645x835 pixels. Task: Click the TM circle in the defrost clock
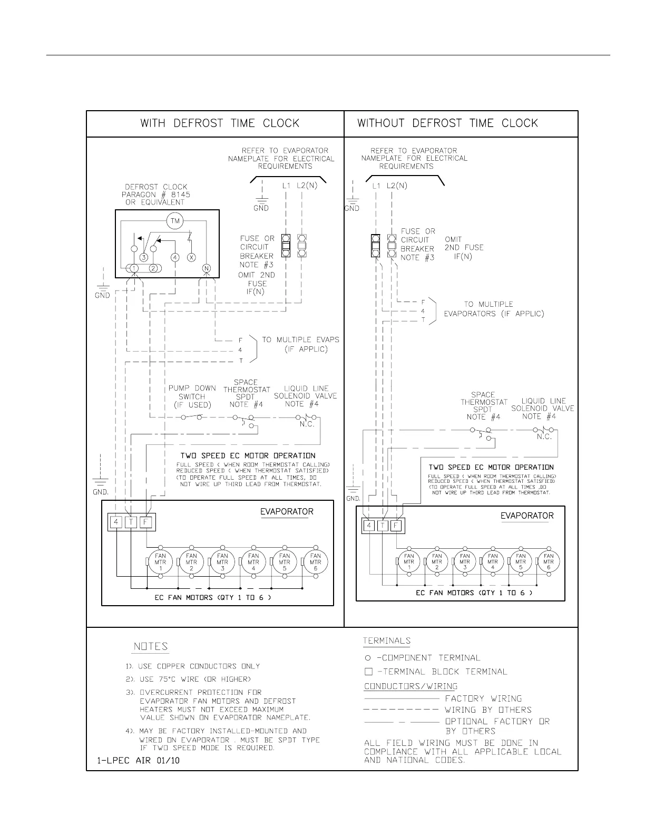(174, 221)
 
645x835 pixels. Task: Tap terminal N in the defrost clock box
(207, 268)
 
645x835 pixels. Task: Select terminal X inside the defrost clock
(191, 257)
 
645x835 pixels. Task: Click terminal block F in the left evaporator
(146, 522)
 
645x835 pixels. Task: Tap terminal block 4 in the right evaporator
(369, 526)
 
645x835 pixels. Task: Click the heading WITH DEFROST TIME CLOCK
(219, 123)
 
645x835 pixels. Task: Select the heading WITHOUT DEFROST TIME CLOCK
(447, 123)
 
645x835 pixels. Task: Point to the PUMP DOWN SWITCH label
(192, 396)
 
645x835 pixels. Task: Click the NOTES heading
(150, 646)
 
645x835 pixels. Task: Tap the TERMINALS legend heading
(386, 641)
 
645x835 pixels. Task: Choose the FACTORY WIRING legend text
(483, 698)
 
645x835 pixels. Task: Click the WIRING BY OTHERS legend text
(488, 710)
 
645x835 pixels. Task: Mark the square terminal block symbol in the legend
(368, 672)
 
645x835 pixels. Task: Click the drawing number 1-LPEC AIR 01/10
(138, 761)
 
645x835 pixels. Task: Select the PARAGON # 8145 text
(156, 195)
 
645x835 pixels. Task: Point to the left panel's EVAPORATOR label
(287, 511)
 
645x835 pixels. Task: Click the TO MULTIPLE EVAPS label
(300, 339)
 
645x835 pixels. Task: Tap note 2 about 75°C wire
(188, 679)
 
